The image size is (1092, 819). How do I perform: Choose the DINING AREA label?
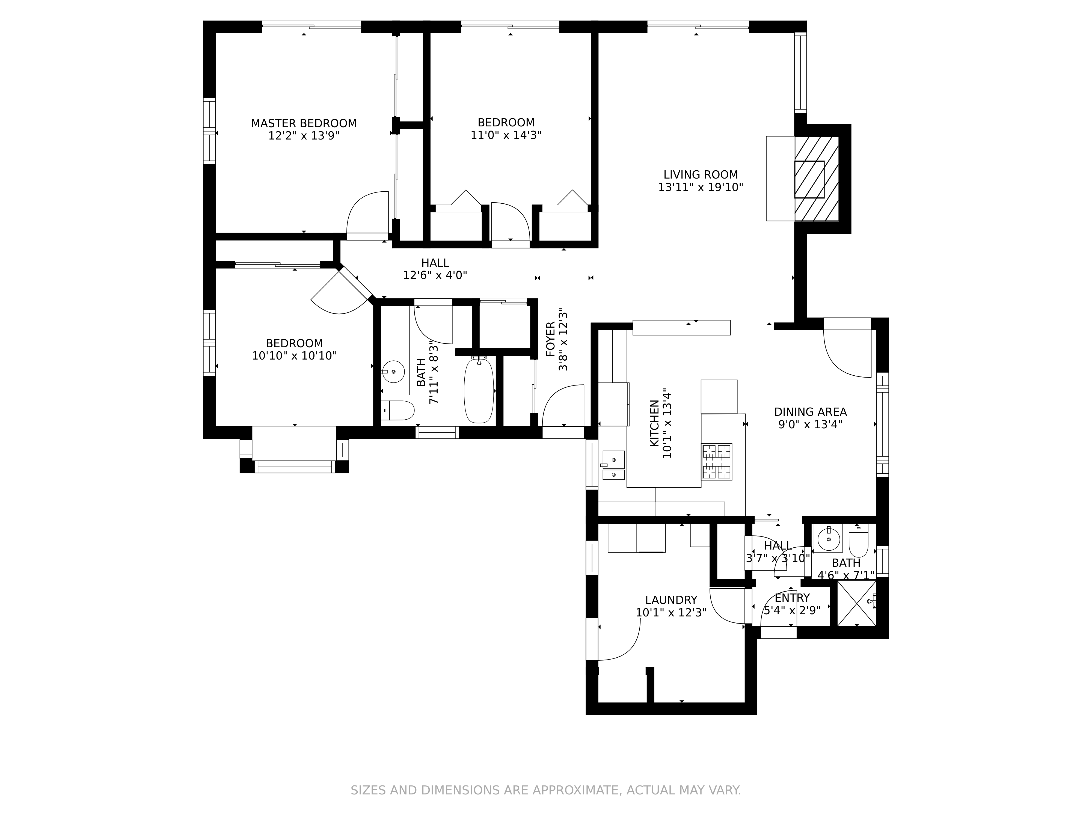(x=810, y=412)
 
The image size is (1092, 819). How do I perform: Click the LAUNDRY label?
(x=671, y=600)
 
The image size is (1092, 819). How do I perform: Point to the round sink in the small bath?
(x=828, y=539)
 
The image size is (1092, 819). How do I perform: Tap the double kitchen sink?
(x=613, y=465)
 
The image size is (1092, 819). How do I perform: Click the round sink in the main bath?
(x=393, y=371)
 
